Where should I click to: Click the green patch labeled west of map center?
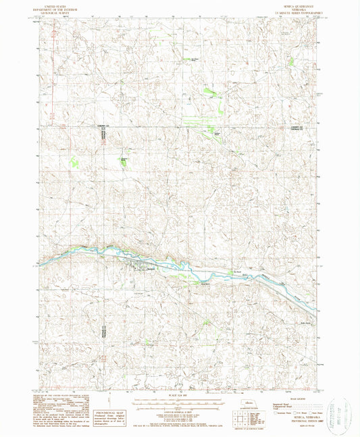pyautogui.click(x=124, y=161)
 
